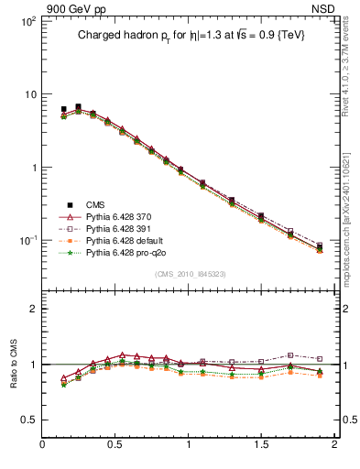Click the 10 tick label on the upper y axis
(x=29, y=94)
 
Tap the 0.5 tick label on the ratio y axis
(x=27, y=419)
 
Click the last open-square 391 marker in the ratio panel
(x=320, y=358)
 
